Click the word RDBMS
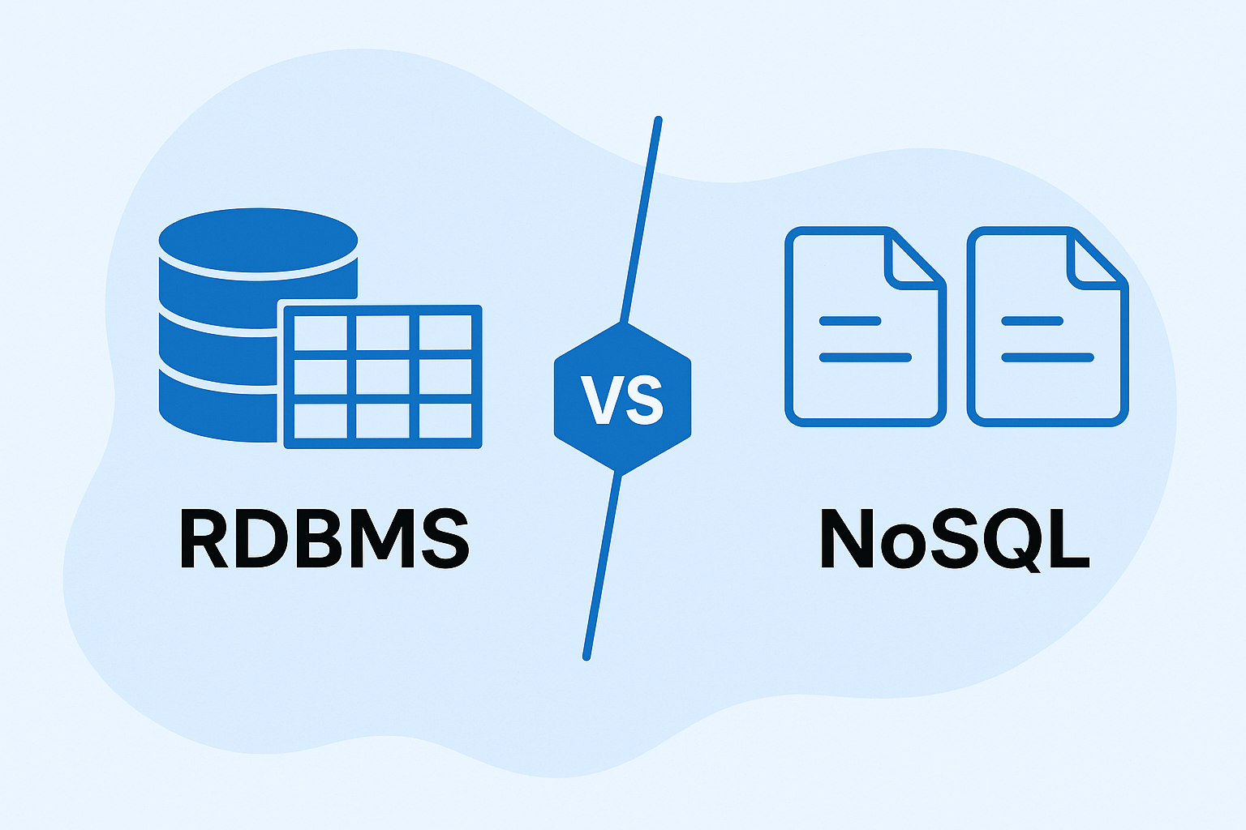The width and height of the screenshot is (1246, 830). (324, 538)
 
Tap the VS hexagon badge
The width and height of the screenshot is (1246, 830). (622, 397)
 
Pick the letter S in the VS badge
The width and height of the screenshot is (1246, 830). (644, 400)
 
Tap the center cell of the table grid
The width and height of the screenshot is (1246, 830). (383, 377)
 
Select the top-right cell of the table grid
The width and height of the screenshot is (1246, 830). (445, 332)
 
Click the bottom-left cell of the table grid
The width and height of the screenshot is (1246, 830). (320, 421)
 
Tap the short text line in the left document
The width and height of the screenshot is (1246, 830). (850, 321)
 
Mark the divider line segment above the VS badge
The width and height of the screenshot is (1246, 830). (641, 219)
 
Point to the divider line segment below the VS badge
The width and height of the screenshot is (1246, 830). (602, 567)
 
